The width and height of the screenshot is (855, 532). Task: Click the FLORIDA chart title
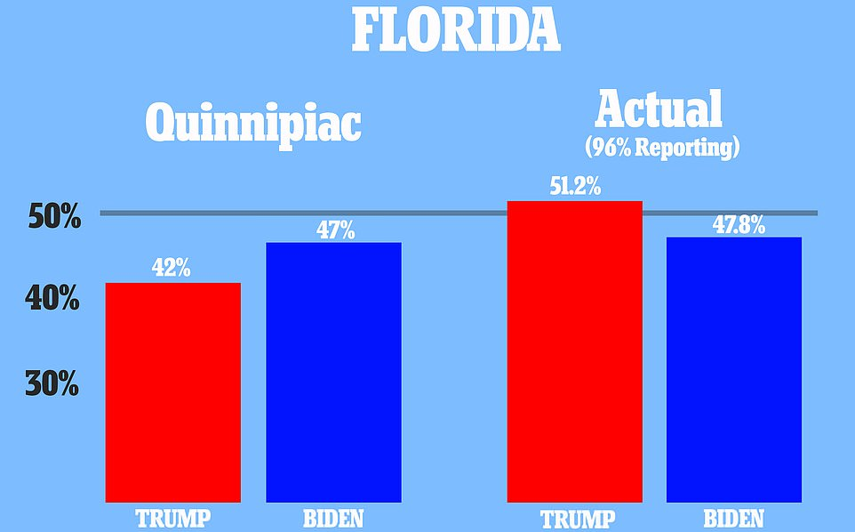455,29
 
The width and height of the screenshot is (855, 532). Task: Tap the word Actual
659,109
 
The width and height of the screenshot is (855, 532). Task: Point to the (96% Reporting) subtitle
662,147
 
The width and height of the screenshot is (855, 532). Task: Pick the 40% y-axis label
52,299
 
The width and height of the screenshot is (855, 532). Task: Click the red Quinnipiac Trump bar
172,391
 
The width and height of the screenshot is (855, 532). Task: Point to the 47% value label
335,230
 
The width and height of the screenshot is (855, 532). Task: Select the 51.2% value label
575,188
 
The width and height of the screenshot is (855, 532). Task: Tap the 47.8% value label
739,224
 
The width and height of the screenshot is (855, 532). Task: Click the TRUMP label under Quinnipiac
172,518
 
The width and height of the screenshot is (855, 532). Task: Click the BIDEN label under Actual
734,518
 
